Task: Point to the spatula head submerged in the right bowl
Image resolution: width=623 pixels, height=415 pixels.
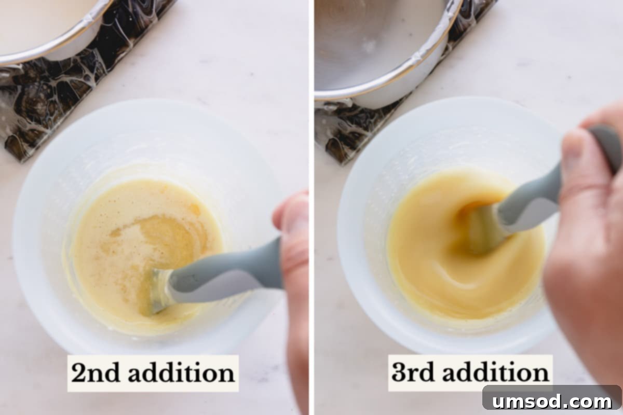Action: pos(480,228)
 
